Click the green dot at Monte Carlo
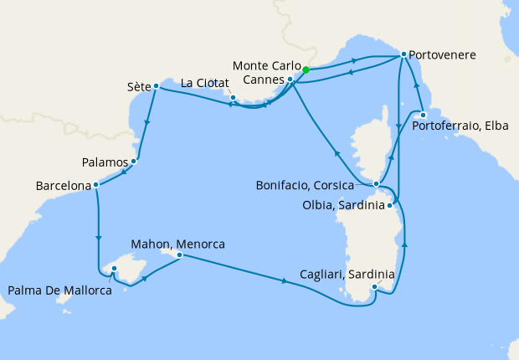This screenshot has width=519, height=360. click(306, 70)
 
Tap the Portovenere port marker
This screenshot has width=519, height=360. click(403, 54)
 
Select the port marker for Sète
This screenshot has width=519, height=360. click(157, 85)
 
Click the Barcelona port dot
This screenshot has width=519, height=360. click(96, 184)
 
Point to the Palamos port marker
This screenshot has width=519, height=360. click(135, 161)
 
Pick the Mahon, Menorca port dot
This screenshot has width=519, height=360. click(179, 255)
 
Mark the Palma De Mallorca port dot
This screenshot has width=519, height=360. click(115, 269)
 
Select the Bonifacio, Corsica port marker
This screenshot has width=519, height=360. click(377, 183)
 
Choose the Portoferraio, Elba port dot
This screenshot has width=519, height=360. click(424, 115)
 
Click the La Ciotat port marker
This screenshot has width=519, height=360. click(233, 98)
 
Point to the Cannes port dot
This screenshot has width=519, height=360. click(290, 80)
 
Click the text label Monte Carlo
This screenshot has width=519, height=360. click(266, 65)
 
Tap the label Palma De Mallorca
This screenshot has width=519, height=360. click(60, 291)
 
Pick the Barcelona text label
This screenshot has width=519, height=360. click(64, 184)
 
